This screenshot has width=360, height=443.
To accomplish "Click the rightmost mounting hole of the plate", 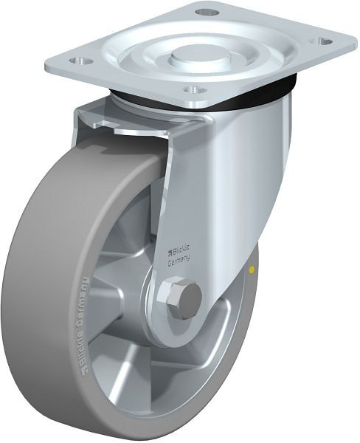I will click(322, 41).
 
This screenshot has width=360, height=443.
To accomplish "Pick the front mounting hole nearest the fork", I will click(193, 89).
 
